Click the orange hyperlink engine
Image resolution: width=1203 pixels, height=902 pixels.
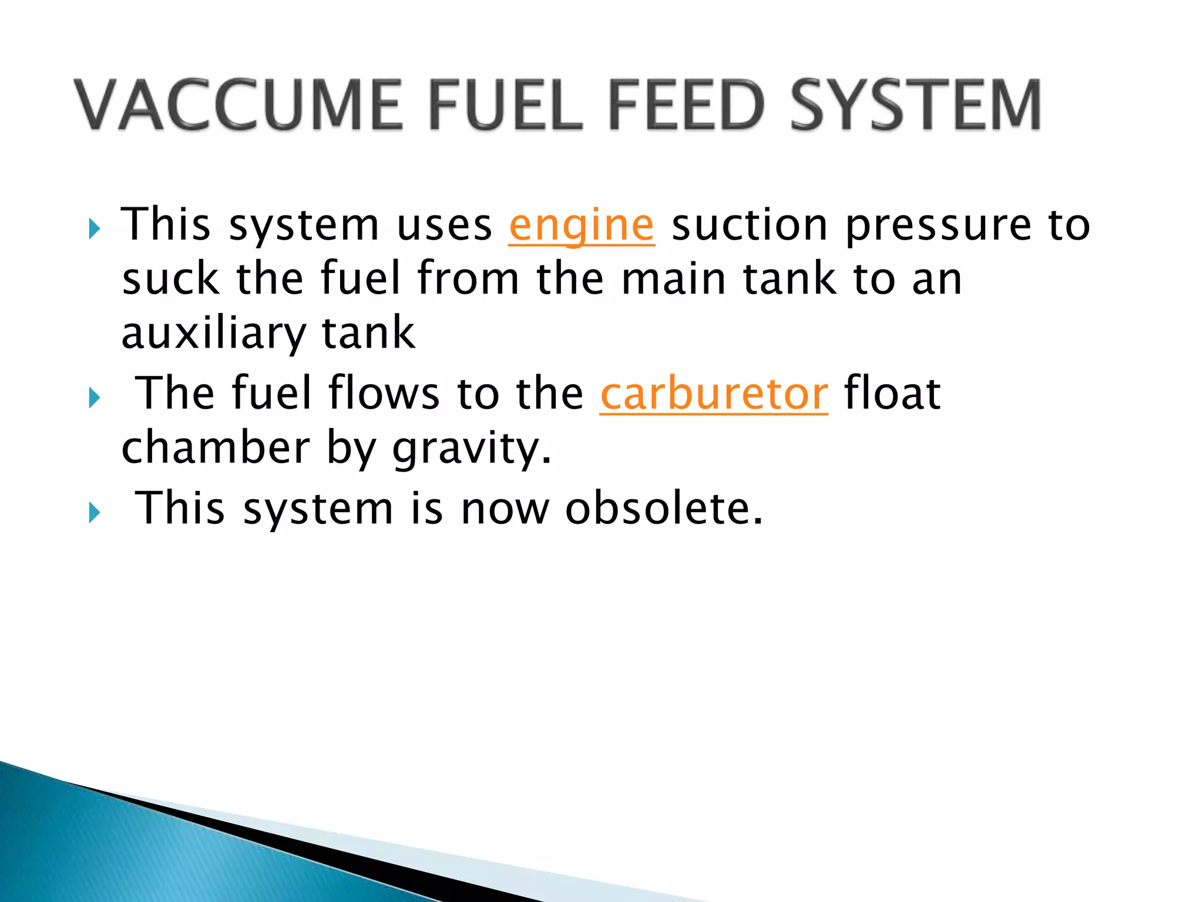coord(581,225)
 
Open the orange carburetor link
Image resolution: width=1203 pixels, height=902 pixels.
coord(714,394)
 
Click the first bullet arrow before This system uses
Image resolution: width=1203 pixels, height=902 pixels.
coord(94,228)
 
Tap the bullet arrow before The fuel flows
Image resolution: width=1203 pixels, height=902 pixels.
coord(94,398)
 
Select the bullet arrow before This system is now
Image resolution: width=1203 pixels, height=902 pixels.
coord(94,513)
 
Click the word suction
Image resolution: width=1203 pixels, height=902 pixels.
coord(750,225)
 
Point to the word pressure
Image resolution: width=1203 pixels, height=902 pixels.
coord(938,225)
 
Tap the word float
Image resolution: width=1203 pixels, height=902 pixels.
coord(892,394)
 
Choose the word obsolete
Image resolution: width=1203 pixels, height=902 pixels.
coord(663,509)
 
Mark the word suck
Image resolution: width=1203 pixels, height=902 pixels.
coord(171,280)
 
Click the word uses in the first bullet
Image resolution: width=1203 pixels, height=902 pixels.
coord(444,225)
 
